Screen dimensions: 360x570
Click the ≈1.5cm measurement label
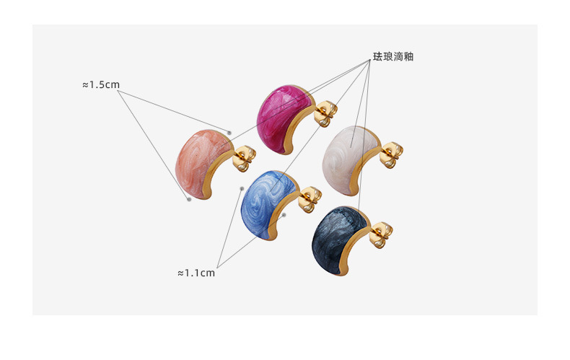tap(100, 84)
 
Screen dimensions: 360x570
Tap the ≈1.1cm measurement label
tap(196, 273)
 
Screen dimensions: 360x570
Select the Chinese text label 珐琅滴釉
tap(393, 56)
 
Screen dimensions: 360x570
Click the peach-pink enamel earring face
tap(198, 159)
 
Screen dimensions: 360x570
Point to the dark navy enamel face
tap(335, 234)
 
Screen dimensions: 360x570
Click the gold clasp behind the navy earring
tap(382, 232)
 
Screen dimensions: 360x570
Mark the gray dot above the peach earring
tap(229, 133)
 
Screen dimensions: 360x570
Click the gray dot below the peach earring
tap(189, 199)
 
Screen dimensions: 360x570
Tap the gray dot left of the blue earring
tap(242, 189)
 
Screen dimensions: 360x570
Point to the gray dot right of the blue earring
tap(285, 214)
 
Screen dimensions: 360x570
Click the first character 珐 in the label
tap(378, 56)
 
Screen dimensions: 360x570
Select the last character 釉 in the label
tap(408, 56)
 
